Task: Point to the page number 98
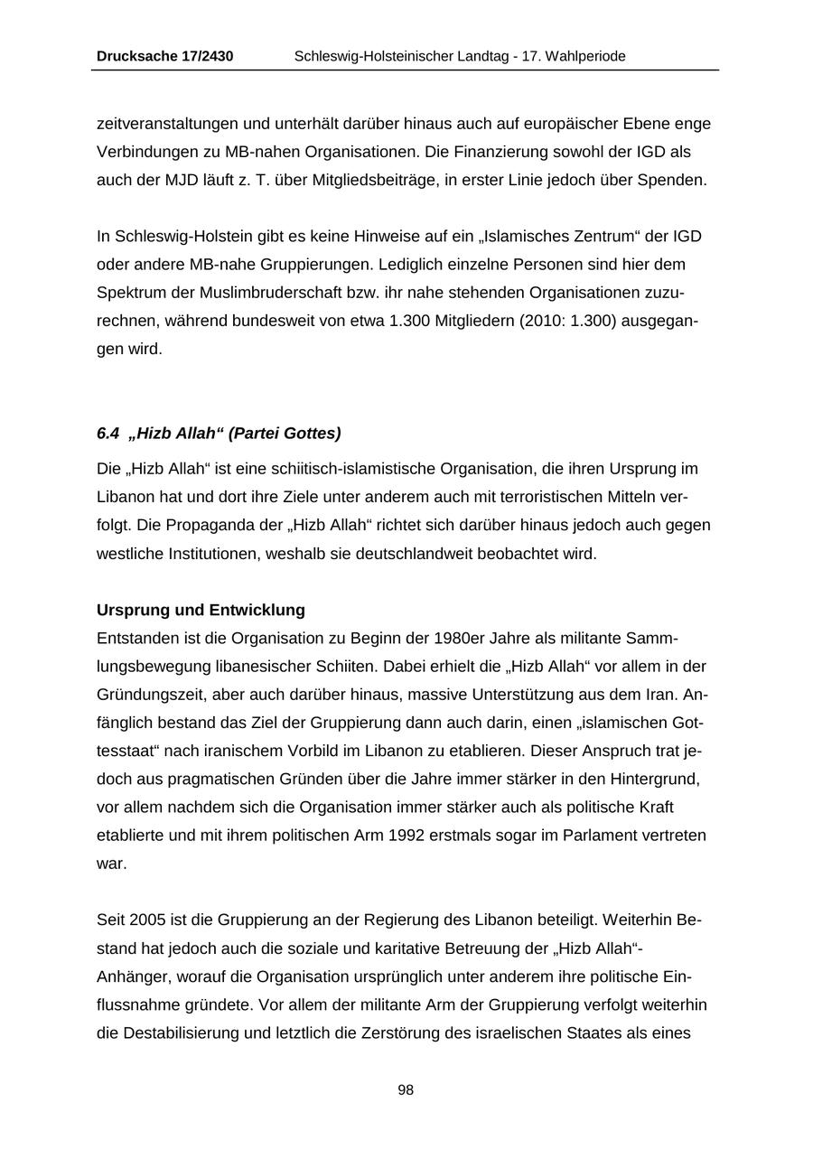click(406, 1090)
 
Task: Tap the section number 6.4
click(107, 434)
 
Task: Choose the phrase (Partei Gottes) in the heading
click(285, 434)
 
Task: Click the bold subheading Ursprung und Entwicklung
click(201, 610)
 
